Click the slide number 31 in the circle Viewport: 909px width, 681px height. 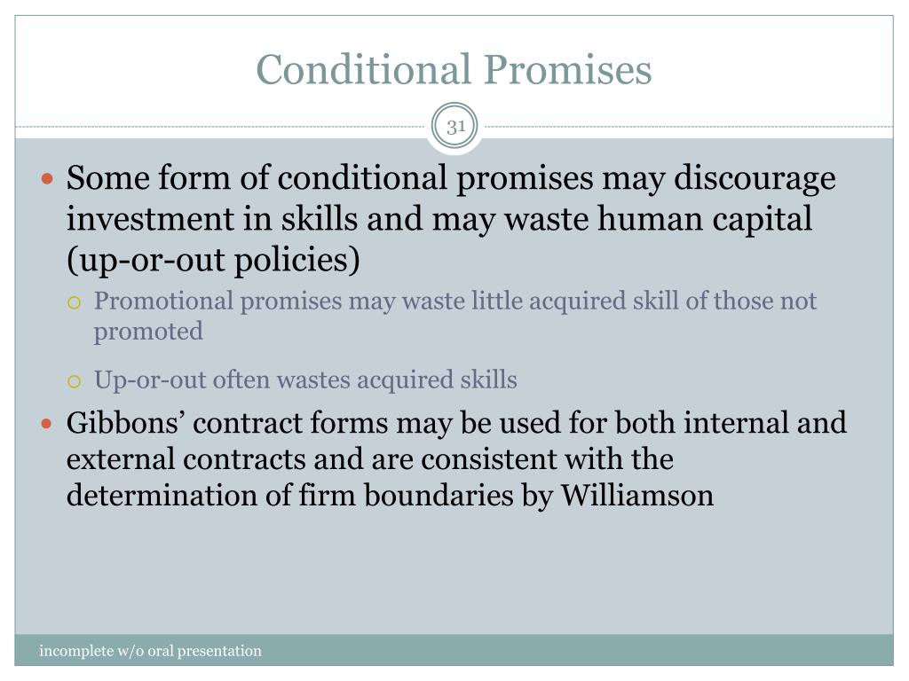tap(456, 127)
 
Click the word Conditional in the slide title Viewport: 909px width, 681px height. tap(359, 70)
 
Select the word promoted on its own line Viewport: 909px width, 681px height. tap(148, 332)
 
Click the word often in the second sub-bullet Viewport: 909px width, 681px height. tap(241, 380)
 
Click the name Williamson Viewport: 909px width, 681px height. tap(636, 496)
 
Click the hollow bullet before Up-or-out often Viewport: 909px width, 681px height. tap(75, 381)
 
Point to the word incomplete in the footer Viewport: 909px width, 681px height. tap(75, 652)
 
